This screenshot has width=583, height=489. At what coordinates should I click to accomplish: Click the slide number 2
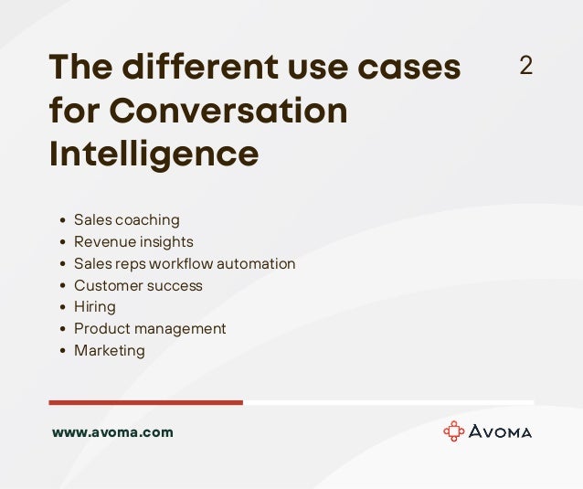525,66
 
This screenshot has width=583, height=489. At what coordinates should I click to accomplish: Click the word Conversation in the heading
228,112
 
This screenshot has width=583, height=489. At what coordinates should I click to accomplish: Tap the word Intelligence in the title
154,154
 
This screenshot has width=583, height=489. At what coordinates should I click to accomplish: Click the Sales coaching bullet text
126,220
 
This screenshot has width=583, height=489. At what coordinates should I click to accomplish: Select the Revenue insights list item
133,242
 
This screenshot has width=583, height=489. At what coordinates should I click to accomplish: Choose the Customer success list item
138,286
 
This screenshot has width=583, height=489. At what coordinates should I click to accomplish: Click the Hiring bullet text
94,307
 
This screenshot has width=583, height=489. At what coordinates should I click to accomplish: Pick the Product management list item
150,329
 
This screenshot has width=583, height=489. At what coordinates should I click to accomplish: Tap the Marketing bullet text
109,351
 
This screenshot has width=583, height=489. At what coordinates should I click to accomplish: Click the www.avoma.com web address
112,432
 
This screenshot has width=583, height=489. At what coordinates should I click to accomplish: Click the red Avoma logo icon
453,431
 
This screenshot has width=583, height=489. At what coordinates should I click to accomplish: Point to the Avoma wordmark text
501,432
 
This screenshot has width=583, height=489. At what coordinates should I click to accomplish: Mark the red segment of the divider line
146,402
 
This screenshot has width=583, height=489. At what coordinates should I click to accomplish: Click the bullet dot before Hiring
61,308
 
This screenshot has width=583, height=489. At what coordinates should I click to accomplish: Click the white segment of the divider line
388,402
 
